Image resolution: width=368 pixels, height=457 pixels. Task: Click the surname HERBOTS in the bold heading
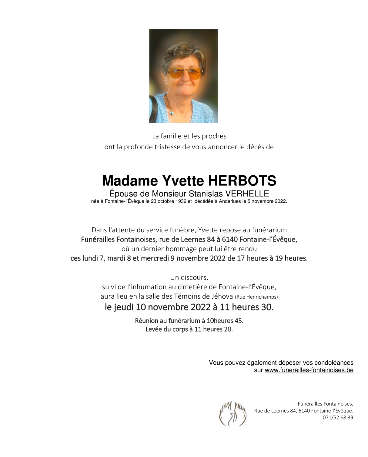242,181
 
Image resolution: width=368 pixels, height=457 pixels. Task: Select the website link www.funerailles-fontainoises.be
309,370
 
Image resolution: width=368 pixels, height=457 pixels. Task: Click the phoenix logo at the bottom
233,414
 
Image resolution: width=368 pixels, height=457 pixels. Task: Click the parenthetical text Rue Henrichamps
256,297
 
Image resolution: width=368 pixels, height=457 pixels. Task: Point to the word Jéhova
223,296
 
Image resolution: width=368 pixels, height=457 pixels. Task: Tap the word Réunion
146,320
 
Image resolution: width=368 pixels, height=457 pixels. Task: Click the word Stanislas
206,194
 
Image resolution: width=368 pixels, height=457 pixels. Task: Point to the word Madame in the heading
130,181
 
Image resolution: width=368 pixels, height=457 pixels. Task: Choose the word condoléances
334,363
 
